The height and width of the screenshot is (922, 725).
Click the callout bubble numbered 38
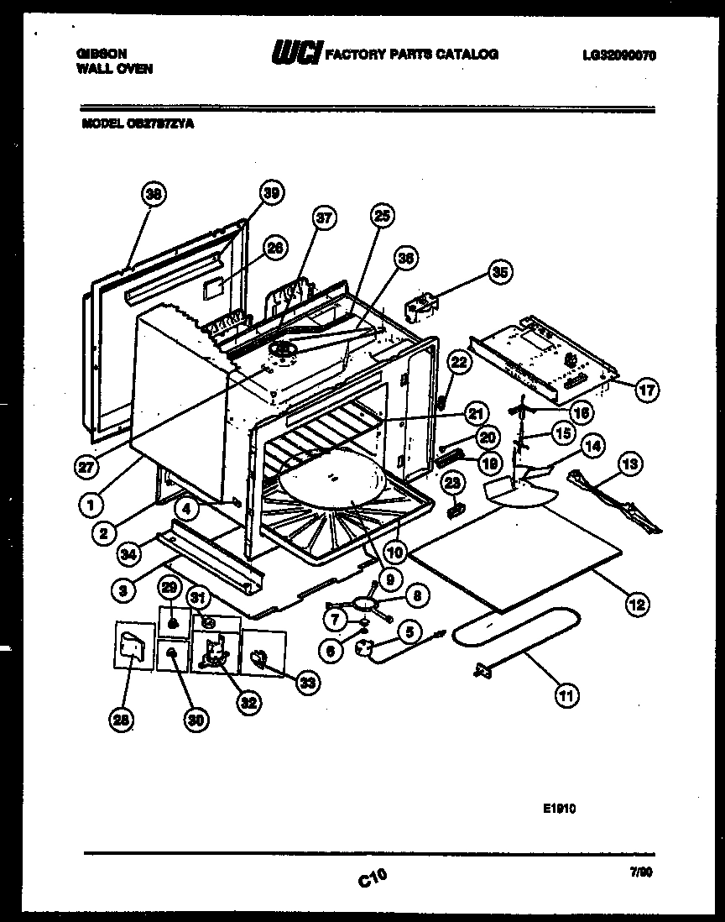(x=153, y=195)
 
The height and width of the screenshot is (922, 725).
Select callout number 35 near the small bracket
(x=500, y=272)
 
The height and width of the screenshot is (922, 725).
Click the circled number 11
(x=568, y=694)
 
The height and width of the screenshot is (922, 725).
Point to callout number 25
(x=382, y=217)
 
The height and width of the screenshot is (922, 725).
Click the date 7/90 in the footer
(x=643, y=873)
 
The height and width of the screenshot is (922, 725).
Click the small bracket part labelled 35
(x=421, y=307)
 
